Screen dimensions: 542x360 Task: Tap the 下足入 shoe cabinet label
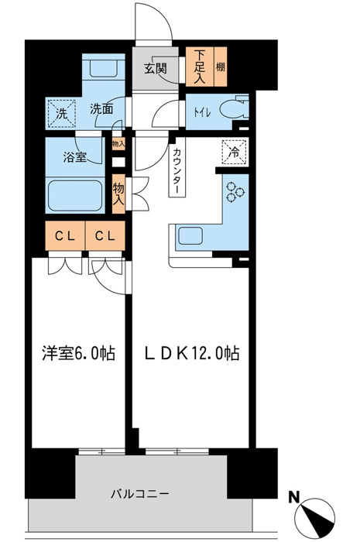point(199,66)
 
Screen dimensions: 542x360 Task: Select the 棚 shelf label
point(221,67)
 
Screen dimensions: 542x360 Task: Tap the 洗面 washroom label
point(101,109)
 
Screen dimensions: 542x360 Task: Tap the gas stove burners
point(235,191)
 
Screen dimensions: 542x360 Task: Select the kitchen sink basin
point(194,235)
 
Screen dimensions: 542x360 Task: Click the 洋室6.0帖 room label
point(77,354)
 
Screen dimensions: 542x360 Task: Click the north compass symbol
point(317,516)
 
